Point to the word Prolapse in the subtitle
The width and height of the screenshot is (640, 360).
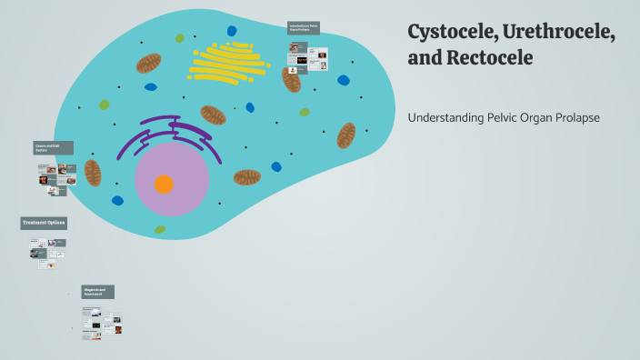point(575,117)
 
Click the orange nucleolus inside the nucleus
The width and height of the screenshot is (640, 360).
point(164,185)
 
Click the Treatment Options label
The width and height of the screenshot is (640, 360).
point(44,223)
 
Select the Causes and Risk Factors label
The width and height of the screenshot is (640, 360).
point(54,147)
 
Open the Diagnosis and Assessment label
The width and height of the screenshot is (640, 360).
point(98,292)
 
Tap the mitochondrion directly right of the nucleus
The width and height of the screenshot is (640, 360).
point(246,176)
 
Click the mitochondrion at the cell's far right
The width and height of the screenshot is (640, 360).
point(346,135)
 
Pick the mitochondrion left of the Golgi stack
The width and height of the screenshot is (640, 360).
point(149,63)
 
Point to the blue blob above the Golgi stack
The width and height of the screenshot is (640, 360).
point(232,31)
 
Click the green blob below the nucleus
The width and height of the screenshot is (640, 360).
point(160,229)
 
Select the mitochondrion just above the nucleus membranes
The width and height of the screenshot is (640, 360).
point(214,115)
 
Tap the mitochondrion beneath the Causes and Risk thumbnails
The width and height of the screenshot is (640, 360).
point(93,173)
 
